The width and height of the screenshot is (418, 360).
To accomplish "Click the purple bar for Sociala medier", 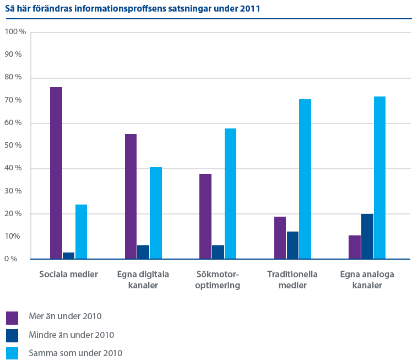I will pyautogui.click(x=56, y=173).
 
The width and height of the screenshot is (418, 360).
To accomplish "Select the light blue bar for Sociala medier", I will pyautogui.click(x=81, y=232).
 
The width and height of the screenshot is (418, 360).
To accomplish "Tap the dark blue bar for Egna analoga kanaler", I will pyautogui.click(x=367, y=237).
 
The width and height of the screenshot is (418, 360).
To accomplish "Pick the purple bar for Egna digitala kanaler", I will pyautogui.click(x=131, y=196).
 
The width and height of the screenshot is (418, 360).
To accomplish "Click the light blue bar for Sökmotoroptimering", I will pyautogui.click(x=230, y=194).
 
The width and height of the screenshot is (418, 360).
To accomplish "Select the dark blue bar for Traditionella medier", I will pyautogui.click(x=292, y=245).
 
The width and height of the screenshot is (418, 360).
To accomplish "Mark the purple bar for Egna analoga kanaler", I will pyautogui.click(x=355, y=247).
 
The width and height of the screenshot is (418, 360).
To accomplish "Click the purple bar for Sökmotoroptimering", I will pyautogui.click(x=205, y=216).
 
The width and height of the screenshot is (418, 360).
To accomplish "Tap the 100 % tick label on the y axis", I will pyautogui.click(x=15, y=32).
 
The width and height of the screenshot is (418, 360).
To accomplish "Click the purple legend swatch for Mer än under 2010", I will pyautogui.click(x=12, y=317).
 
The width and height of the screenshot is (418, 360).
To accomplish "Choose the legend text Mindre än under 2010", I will pyautogui.click(x=71, y=335).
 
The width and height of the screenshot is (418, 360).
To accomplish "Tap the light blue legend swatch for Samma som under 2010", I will pyautogui.click(x=12, y=353).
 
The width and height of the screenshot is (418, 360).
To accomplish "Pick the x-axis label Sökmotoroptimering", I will pyautogui.click(x=218, y=280).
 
